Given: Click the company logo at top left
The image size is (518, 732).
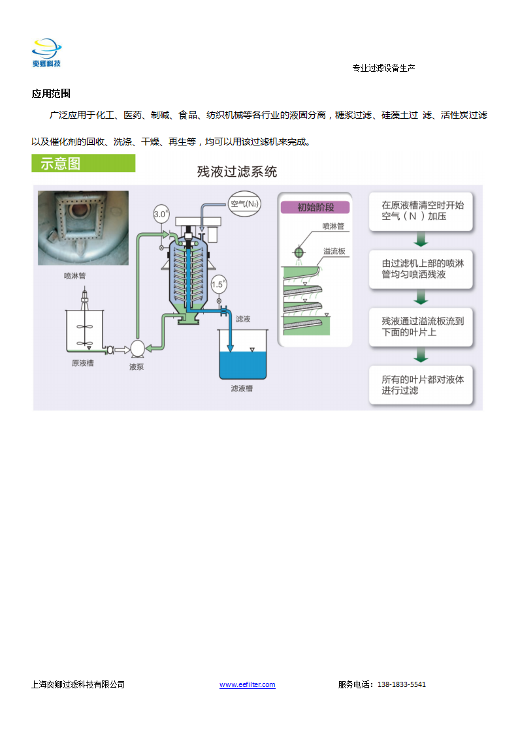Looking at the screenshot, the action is coord(47,53).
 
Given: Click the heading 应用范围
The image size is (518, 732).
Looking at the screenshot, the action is coord(51,93).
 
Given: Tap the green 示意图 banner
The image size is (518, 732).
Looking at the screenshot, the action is coord(83,163).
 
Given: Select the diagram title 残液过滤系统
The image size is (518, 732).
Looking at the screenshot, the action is coord(237,172).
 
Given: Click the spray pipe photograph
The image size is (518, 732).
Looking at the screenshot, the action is coord(83,228).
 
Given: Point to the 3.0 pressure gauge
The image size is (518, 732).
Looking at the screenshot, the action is coord(161,214).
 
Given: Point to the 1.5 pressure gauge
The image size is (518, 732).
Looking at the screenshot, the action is coord(219,284).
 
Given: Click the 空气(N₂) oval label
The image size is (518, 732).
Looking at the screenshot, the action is coord(244,204).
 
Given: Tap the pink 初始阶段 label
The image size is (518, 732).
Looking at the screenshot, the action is coord(315,207).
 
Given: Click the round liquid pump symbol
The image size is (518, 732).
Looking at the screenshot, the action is coord(137,349).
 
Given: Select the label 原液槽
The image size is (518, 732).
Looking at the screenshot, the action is coord(83,363).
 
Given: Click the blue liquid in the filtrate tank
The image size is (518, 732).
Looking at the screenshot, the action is coord(243,365).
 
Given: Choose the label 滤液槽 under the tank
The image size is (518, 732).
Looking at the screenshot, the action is coord(242,388).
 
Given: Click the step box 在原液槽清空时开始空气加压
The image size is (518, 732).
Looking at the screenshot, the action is coord(421,211).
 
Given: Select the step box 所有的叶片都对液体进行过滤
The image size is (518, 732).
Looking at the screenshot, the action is coord(421,385).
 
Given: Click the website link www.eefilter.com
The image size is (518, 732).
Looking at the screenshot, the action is coord(248,684).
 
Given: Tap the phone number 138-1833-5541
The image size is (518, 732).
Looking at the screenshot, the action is coord(402,684).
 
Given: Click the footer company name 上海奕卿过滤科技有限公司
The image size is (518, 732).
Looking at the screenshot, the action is coord(78,684).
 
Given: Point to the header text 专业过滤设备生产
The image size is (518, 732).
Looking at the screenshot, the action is coord(384,68).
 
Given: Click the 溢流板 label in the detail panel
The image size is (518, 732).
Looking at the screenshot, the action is coord(334,251).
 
